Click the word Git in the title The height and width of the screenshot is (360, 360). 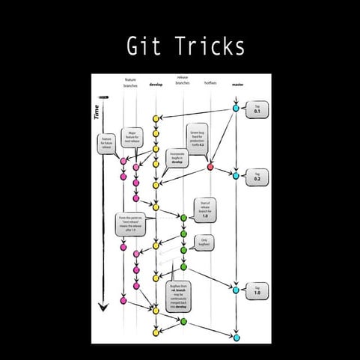coord(142,46)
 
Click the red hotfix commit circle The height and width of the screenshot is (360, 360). coord(210,166)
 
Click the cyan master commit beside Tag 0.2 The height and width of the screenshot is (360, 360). coord(236,176)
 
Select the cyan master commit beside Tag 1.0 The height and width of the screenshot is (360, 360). coord(236,290)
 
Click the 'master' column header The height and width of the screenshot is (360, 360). coord(237,85)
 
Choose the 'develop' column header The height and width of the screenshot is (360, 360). coord(156,85)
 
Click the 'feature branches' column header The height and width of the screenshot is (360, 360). coord(130,82)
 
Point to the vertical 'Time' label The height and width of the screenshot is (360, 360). coord(97,112)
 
